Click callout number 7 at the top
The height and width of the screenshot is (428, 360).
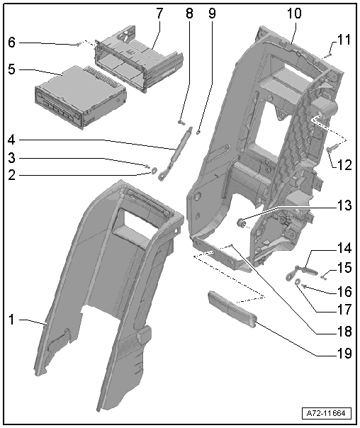[x=159, y=13]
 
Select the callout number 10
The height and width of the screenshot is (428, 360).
[x=294, y=13]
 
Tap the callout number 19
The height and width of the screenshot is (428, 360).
[x=344, y=354]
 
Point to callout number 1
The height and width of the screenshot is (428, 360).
[x=11, y=320]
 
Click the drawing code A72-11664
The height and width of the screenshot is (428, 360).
[x=326, y=413]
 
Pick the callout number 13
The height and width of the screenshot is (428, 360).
[x=344, y=205]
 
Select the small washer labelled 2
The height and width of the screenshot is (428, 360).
[x=154, y=170]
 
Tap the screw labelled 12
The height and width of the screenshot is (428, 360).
[x=332, y=149]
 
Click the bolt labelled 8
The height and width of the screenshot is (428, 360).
[x=181, y=123]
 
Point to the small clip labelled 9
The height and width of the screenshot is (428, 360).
[x=198, y=133]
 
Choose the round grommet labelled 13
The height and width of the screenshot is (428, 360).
[x=240, y=223]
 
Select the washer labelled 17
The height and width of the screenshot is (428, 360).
[x=298, y=281]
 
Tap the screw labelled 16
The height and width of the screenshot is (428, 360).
[x=304, y=286]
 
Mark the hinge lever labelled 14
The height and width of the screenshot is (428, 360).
[x=302, y=272]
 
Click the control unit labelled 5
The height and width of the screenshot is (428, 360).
[x=81, y=98]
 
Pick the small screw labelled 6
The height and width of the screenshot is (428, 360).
[x=79, y=45]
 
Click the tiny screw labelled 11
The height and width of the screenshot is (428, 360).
[x=329, y=55]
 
